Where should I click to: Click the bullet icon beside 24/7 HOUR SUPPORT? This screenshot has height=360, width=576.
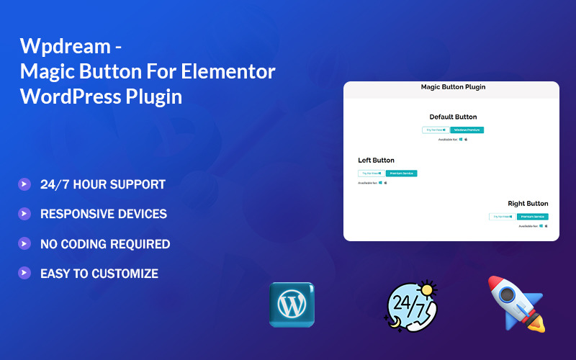(x=24, y=184)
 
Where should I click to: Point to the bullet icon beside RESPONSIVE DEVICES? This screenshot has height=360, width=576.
(x=24, y=214)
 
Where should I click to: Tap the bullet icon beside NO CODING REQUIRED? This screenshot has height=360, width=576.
(x=24, y=243)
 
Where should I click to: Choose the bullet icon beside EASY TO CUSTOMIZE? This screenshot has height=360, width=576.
(x=24, y=273)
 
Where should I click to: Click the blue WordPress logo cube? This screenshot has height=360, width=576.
(x=292, y=305)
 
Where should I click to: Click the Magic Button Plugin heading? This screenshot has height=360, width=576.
(x=453, y=87)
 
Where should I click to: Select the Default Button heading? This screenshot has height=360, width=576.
(x=453, y=117)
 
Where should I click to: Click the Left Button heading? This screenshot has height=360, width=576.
(x=376, y=160)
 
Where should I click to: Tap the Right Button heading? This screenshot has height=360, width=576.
(x=528, y=204)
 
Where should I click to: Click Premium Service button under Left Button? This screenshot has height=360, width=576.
(x=401, y=174)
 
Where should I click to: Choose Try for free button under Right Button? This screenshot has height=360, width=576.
(x=503, y=217)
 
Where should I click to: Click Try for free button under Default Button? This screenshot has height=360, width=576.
(x=436, y=130)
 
